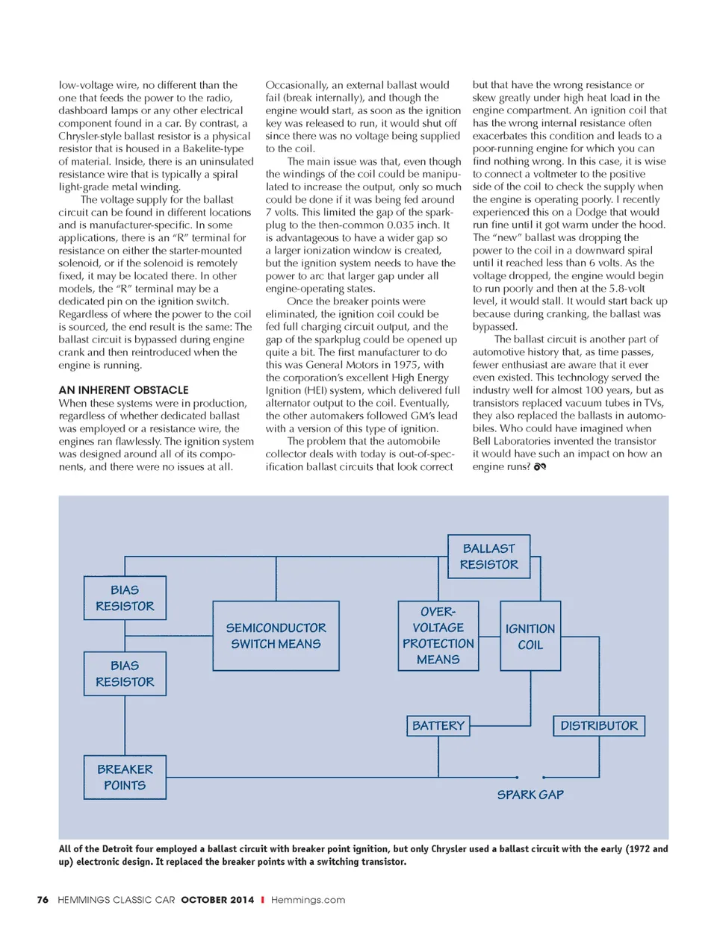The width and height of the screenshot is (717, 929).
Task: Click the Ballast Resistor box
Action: (x=489, y=557)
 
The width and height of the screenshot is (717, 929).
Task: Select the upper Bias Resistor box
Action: (x=125, y=598)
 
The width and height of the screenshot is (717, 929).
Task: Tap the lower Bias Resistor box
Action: (x=125, y=674)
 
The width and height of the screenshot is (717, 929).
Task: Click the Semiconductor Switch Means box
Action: (x=276, y=636)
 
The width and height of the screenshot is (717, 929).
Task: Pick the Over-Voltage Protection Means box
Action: (x=438, y=636)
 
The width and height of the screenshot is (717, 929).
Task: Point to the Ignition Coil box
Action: (x=530, y=636)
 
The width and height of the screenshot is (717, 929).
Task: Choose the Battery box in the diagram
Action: (x=438, y=725)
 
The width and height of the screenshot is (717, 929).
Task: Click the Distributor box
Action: (x=599, y=725)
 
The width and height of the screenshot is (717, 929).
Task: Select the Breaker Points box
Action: (x=125, y=777)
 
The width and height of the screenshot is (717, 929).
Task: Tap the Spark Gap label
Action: (x=530, y=795)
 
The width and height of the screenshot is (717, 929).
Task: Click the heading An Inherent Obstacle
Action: (x=123, y=390)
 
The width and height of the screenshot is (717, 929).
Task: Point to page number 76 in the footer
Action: (x=43, y=900)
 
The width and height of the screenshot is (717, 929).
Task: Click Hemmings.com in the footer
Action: (x=308, y=900)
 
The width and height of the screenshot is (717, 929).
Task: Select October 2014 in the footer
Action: (x=217, y=900)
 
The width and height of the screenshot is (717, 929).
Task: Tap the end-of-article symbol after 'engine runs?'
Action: (x=540, y=466)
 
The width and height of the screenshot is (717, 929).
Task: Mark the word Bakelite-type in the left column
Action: (x=213, y=148)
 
